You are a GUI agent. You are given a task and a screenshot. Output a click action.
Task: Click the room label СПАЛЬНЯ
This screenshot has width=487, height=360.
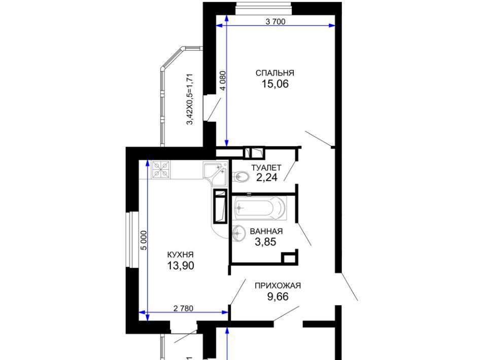click(274, 73)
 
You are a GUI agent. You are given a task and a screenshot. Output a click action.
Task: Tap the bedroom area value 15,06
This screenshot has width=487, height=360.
click(275, 84)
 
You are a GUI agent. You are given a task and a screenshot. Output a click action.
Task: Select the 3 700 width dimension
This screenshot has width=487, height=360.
click(275, 21)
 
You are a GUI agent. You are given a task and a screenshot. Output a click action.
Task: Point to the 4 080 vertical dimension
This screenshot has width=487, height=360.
click(223, 81)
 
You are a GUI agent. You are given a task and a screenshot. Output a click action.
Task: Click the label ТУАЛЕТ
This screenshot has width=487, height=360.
click(266, 168)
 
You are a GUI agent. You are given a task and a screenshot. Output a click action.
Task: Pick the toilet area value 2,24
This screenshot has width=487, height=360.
click(266, 177)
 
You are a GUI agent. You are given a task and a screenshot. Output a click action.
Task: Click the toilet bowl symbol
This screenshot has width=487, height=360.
click(240, 177)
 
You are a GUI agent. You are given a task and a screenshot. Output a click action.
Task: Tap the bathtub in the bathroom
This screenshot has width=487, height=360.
click(259, 207)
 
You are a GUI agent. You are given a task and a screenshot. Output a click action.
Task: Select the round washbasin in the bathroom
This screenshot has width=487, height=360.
click(238, 232)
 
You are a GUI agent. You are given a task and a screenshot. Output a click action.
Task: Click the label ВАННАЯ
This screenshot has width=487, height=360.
click(266, 232)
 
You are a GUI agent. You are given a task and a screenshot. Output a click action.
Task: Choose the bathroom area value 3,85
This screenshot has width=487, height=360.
click(265, 242)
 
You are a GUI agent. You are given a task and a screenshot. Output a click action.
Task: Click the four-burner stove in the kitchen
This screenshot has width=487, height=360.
click(161, 169)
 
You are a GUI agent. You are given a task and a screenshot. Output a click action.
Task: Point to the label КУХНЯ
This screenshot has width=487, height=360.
click(180, 255)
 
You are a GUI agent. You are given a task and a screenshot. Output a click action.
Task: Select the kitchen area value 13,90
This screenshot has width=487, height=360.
click(181, 266)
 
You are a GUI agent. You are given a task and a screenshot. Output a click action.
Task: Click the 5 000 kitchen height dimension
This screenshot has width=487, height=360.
click(143, 240)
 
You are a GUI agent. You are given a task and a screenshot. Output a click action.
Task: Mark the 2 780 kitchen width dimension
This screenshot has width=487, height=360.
click(183, 308)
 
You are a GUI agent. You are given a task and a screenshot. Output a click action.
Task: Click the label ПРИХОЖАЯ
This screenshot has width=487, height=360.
click(277, 285)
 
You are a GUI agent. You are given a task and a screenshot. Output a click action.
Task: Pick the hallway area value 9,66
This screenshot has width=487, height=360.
click(278, 297)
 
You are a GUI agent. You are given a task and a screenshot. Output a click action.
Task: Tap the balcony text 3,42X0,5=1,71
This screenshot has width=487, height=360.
click(189, 99)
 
